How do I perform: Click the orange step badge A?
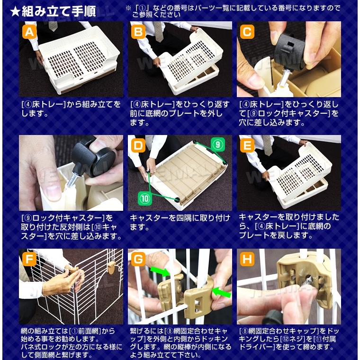(30, 32)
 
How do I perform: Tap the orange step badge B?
(138, 32)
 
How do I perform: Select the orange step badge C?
(247, 32)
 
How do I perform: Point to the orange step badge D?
(138, 145)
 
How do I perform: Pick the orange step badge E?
(247, 145)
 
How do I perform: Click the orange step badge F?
(30, 259)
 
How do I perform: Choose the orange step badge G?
(138, 259)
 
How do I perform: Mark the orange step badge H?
(247, 259)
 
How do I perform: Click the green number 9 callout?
(217, 144)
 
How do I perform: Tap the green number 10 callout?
(144, 198)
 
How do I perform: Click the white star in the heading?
(15, 12)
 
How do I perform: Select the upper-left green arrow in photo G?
(160, 270)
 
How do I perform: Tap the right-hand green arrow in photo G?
(222, 292)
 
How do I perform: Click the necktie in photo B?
(159, 31)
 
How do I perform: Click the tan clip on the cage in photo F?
(111, 268)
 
